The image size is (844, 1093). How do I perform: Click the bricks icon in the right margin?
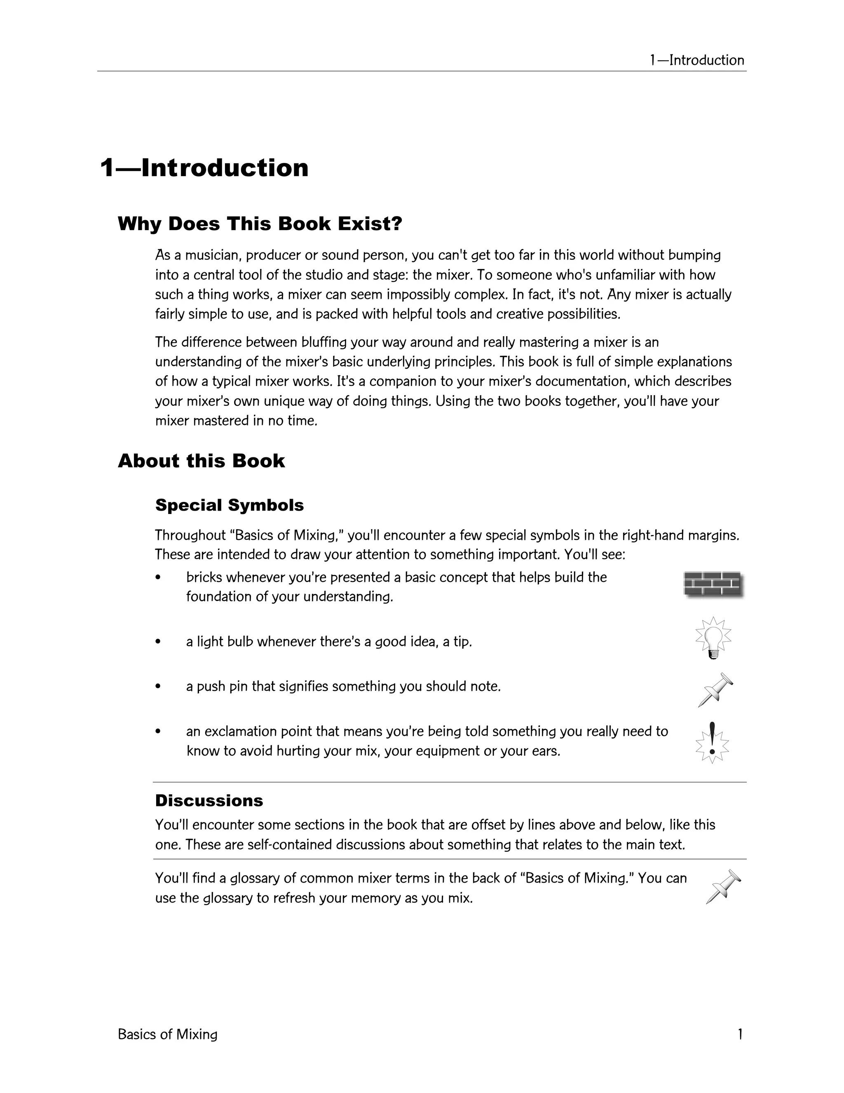coord(713,584)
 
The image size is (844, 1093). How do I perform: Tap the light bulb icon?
coord(713,638)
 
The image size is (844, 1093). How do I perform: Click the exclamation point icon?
coord(713,743)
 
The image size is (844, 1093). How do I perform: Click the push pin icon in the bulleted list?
coord(715,690)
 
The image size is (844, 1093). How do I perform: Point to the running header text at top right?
coord(696,60)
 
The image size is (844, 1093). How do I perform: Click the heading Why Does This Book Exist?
coord(260,224)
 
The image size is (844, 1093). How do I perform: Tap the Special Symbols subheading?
coord(229,505)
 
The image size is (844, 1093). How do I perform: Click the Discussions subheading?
coord(209,800)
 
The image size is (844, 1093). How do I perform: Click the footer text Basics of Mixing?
coord(167,1034)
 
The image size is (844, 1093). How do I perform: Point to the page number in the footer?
coord(740,1034)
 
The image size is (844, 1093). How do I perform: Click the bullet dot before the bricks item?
coord(158,577)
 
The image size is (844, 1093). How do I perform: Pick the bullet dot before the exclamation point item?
coord(158,732)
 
